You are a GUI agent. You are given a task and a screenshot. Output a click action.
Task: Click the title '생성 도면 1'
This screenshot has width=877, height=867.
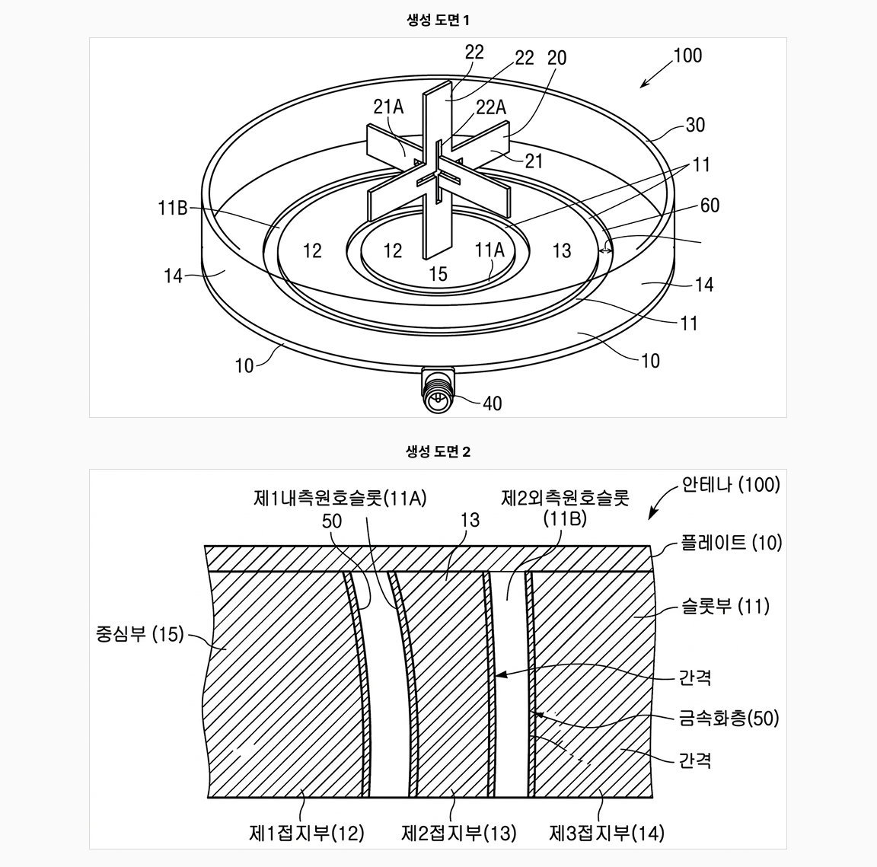pos(438,21)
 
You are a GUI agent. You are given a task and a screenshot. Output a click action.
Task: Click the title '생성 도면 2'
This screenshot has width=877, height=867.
pos(438,451)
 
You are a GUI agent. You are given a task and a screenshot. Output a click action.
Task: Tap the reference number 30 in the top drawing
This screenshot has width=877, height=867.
pos(694,125)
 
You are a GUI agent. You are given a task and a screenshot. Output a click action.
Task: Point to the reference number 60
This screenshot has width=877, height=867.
pos(710,206)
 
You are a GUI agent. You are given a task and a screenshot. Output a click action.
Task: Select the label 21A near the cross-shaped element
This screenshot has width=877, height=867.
pos(388,107)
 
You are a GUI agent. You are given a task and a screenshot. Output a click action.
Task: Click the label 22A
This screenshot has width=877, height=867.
pos(490,107)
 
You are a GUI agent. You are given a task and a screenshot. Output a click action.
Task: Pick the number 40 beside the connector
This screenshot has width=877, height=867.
pos(492,403)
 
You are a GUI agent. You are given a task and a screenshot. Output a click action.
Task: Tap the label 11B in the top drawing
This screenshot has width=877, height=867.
pos(172,208)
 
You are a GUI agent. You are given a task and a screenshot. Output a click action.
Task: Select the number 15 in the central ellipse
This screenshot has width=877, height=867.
pos(438,273)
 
